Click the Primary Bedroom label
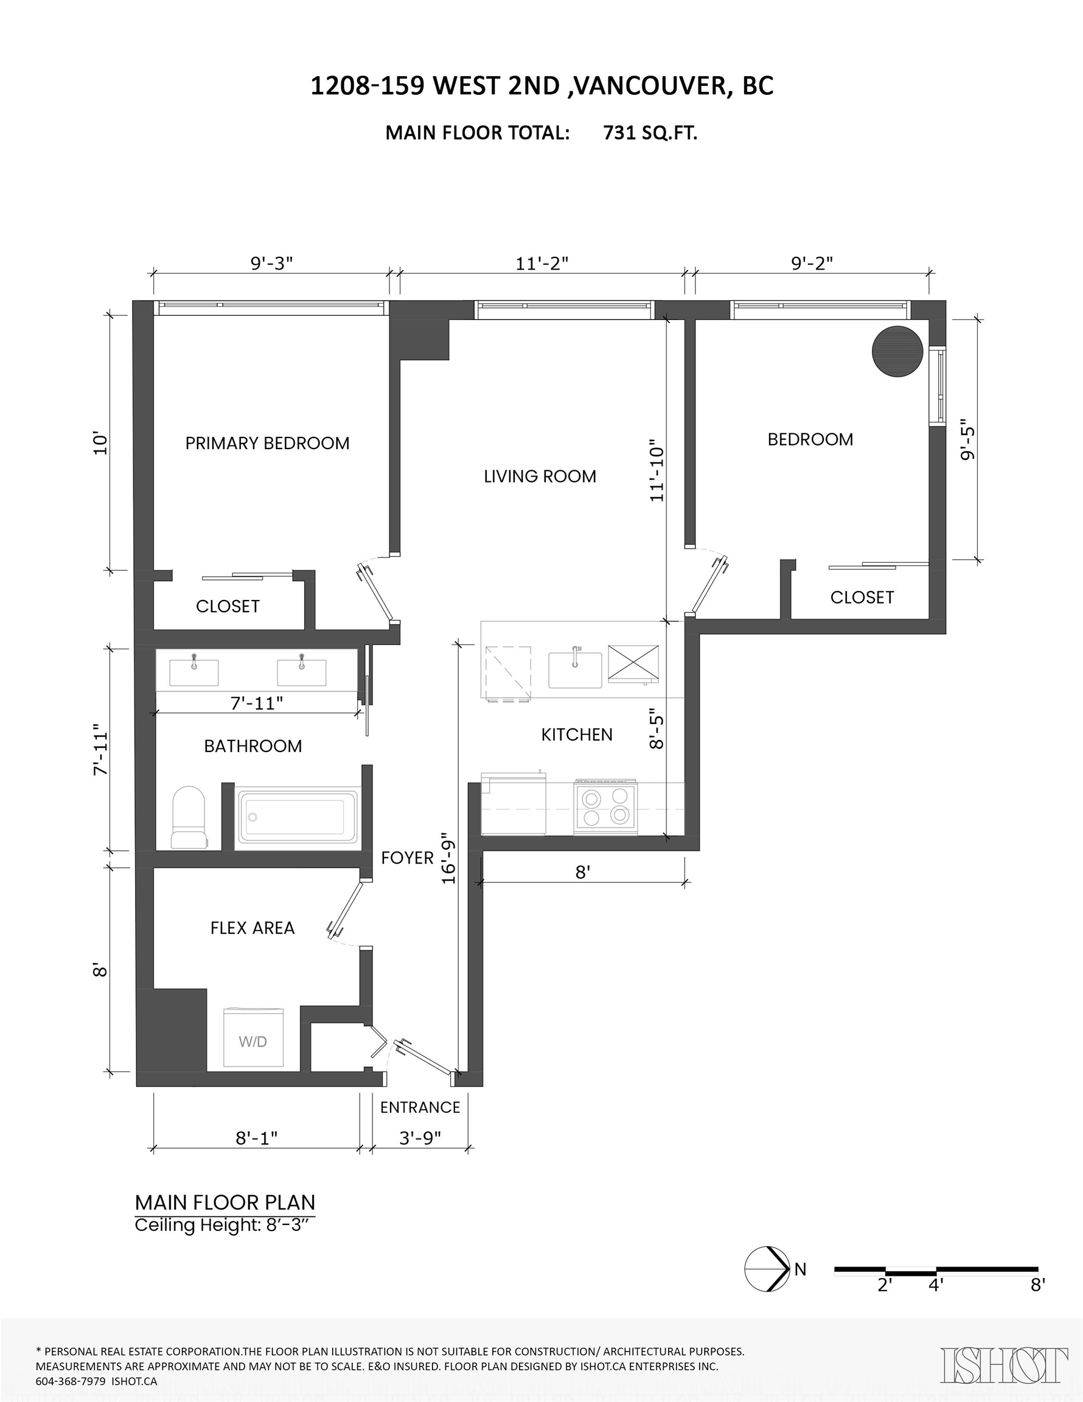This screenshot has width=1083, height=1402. tap(267, 443)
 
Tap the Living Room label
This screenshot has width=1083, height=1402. tap(540, 476)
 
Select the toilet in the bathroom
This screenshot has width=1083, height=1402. tap(189, 817)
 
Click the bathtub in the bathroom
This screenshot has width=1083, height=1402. tap(298, 817)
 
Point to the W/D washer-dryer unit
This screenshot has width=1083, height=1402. tap(253, 1038)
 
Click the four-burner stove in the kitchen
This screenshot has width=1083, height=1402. tap(605, 807)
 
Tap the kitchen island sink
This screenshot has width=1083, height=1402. tap(575, 669)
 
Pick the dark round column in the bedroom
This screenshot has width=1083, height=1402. tap(897, 351)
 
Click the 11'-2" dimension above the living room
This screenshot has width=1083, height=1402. tap(543, 264)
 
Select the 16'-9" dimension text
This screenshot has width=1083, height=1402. tap(449, 862)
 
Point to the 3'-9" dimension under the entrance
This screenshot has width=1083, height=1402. tap(420, 1138)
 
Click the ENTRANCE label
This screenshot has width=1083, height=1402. tap(420, 1107)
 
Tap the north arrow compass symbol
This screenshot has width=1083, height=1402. tap(767, 1269)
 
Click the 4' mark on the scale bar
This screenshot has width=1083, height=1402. tap(936, 1285)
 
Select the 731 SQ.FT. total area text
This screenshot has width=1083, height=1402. tap(650, 133)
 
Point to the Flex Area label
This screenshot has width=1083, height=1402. tap(252, 927)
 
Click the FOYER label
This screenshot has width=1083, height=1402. tap(407, 857)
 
